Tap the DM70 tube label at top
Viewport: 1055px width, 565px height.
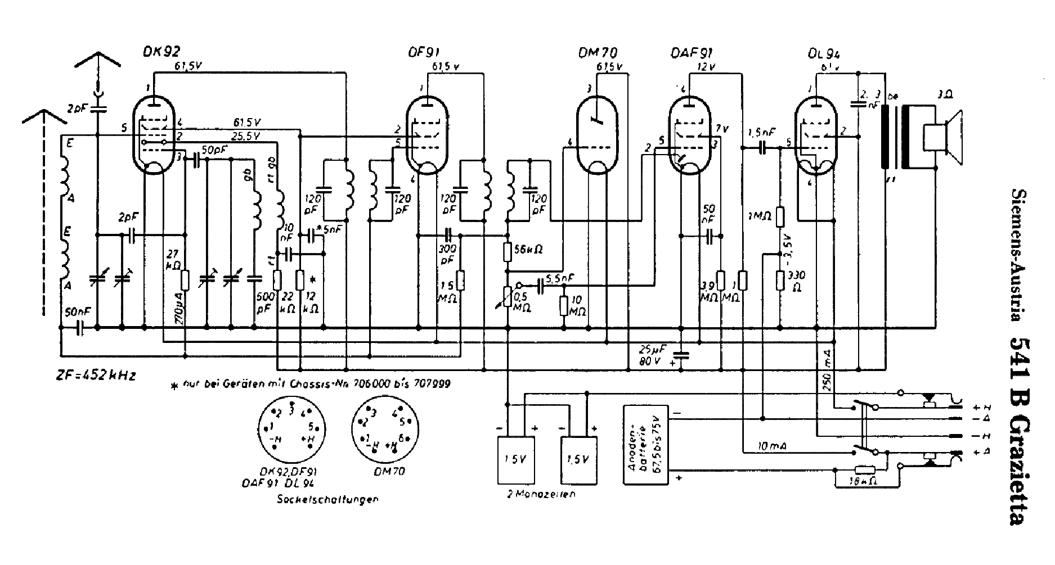click(x=597, y=54)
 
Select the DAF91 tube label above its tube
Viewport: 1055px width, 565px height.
click(x=692, y=54)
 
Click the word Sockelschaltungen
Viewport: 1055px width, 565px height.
click(x=327, y=499)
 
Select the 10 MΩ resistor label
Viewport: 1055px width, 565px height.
click(x=577, y=307)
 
